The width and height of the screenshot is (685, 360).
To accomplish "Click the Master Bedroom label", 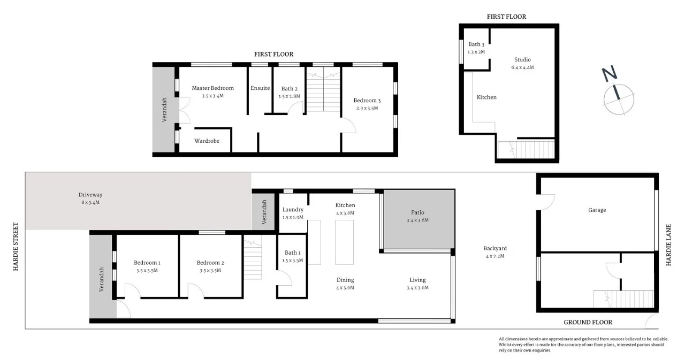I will [212, 88].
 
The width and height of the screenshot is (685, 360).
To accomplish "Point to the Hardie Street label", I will [16, 247].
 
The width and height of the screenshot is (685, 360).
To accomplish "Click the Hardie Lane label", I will [668, 245].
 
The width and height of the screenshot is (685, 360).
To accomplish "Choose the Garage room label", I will [597, 210].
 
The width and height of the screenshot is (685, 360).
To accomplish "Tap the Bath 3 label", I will [476, 44].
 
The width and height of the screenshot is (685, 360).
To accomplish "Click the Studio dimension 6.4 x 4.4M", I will [522, 67].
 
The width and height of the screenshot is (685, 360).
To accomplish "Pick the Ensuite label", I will [260, 88].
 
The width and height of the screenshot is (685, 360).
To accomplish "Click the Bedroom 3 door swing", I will [348, 126].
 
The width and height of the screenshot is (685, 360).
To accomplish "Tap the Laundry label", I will [293, 210].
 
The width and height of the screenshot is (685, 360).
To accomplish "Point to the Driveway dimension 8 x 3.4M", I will [89, 203].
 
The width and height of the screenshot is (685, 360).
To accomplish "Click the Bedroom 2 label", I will [210, 263].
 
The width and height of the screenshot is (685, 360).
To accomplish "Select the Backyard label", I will [494, 248].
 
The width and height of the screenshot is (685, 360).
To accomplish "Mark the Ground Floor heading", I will [588, 322].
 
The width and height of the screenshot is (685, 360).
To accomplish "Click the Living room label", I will [417, 280].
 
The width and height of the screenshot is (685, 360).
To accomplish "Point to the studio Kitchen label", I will [486, 97].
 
